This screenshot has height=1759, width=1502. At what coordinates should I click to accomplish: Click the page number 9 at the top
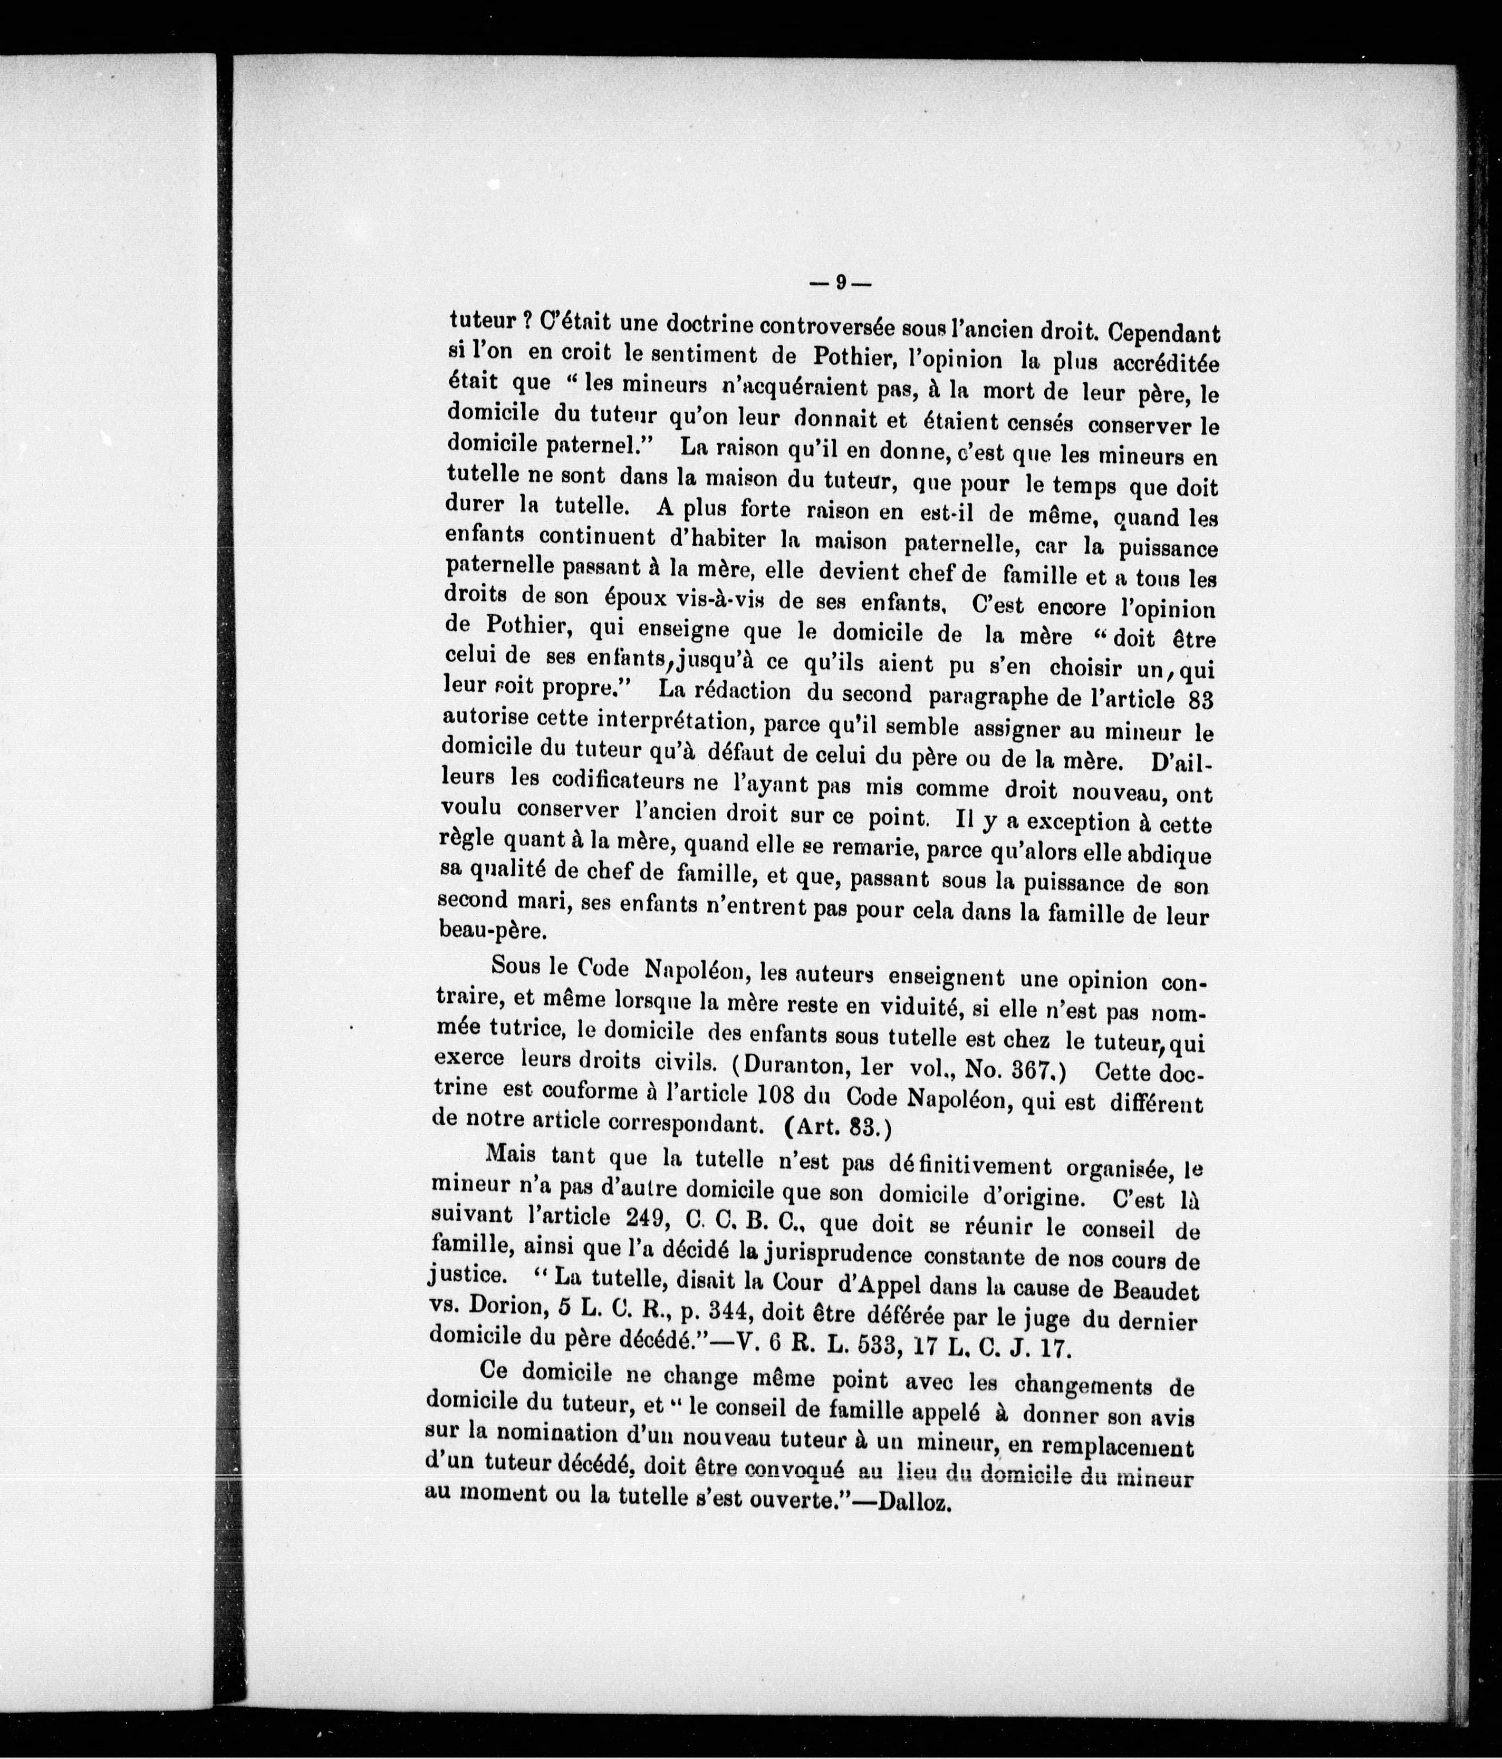point(840,284)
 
